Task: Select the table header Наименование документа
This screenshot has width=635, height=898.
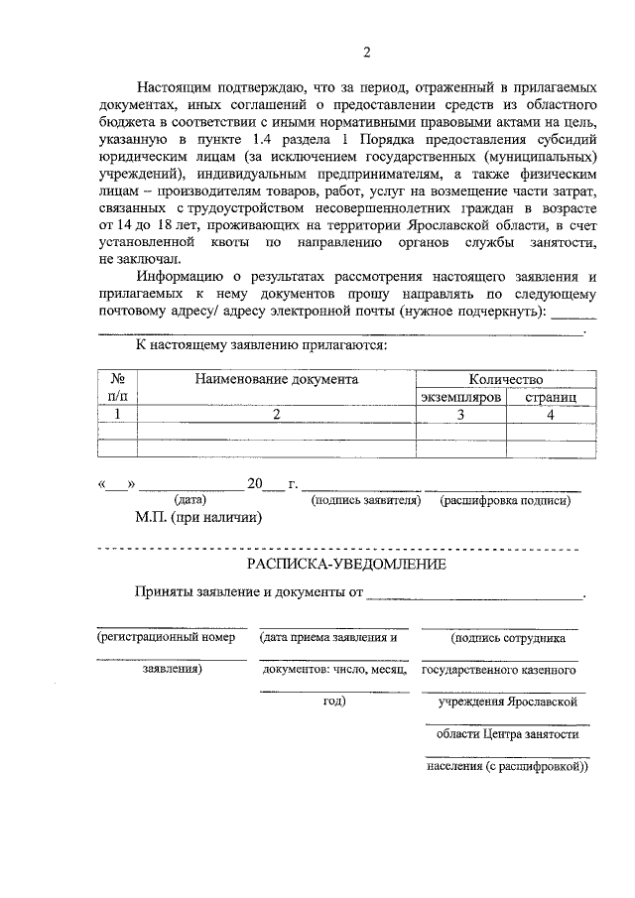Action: [x=276, y=379]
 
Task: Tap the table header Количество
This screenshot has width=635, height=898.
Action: [x=506, y=379]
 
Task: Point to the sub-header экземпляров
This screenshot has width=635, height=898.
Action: [x=460, y=397]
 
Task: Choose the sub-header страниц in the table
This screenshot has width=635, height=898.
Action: [x=552, y=397]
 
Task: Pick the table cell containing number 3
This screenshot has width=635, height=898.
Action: [x=460, y=415]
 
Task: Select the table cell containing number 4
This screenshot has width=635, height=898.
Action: [x=551, y=415]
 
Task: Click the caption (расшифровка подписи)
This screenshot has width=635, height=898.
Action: [x=505, y=501]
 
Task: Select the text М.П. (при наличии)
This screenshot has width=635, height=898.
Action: [x=198, y=517]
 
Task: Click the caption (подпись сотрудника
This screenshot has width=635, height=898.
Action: [x=508, y=638]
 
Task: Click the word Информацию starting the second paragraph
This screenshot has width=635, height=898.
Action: [x=182, y=276]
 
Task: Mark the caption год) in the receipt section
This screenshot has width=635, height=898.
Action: [x=333, y=701]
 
